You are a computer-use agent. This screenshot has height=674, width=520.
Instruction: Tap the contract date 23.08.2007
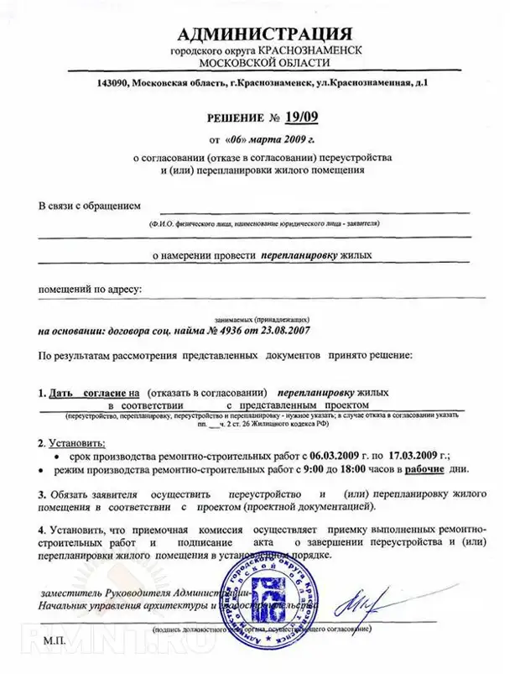(x=279, y=331)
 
